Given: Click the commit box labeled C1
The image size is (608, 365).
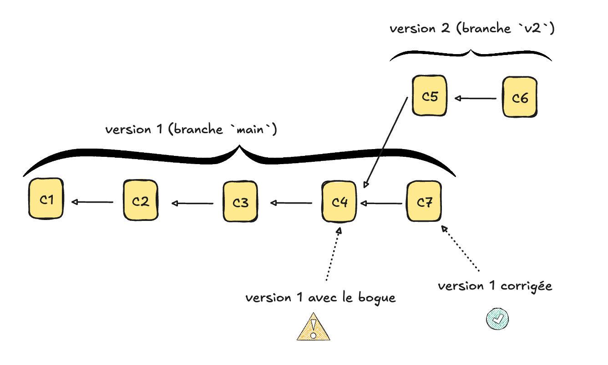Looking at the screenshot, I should click(46, 199).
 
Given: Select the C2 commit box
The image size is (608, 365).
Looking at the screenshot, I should click(141, 200).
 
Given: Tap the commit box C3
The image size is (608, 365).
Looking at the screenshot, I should click(240, 202).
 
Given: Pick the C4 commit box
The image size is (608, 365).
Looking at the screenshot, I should click(339, 202).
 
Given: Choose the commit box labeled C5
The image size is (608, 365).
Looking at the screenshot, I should click(430, 96).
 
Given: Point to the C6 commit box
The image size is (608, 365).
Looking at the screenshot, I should click(519, 97).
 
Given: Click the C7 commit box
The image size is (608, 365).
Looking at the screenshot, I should click(424, 202).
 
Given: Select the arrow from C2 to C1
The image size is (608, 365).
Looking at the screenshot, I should click(93, 202).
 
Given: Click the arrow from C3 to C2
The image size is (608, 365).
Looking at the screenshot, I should click(193, 203).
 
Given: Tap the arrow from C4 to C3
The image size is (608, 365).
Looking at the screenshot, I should click(292, 203).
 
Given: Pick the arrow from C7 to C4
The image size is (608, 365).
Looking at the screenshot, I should click(381, 203).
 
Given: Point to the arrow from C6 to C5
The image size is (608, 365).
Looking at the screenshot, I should click(476, 98).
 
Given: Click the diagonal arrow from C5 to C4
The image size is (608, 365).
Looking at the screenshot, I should click(386, 142).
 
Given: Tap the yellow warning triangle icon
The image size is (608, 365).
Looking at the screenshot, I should click(313, 327).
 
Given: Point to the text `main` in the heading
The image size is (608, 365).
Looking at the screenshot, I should click(254, 130).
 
